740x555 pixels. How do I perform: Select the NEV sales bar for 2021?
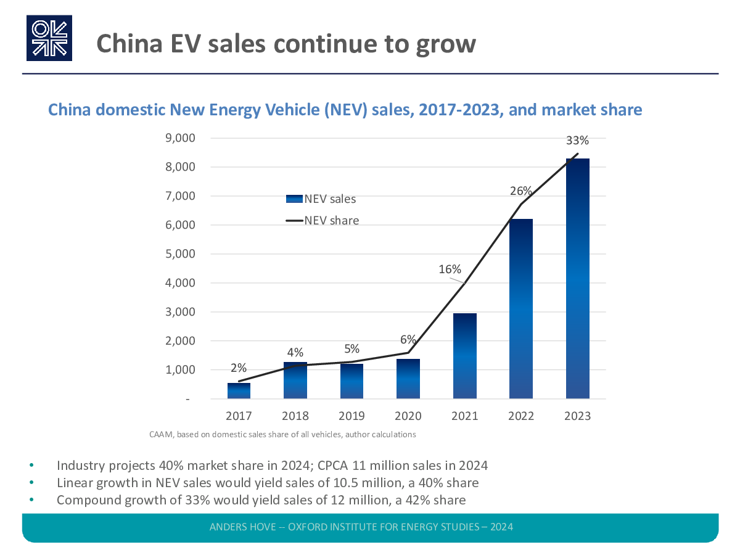click(464, 356)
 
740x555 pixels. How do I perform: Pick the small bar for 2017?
click(239, 391)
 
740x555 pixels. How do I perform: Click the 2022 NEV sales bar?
click(521, 309)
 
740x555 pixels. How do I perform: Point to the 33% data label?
click(577, 141)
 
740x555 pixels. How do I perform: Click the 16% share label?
click(450, 269)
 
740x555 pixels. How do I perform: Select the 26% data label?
click(521, 191)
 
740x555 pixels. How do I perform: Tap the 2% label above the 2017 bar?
click(239, 368)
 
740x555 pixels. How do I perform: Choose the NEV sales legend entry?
click(321, 199)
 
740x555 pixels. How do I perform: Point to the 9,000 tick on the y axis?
click(182, 138)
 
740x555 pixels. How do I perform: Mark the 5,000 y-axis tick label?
click(182, 254)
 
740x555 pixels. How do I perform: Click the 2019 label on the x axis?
click(351, 416)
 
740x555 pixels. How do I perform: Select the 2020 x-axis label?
click(408, 416)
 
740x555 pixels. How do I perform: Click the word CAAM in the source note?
click(161, 434)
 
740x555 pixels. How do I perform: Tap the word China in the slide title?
click(128, 43)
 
